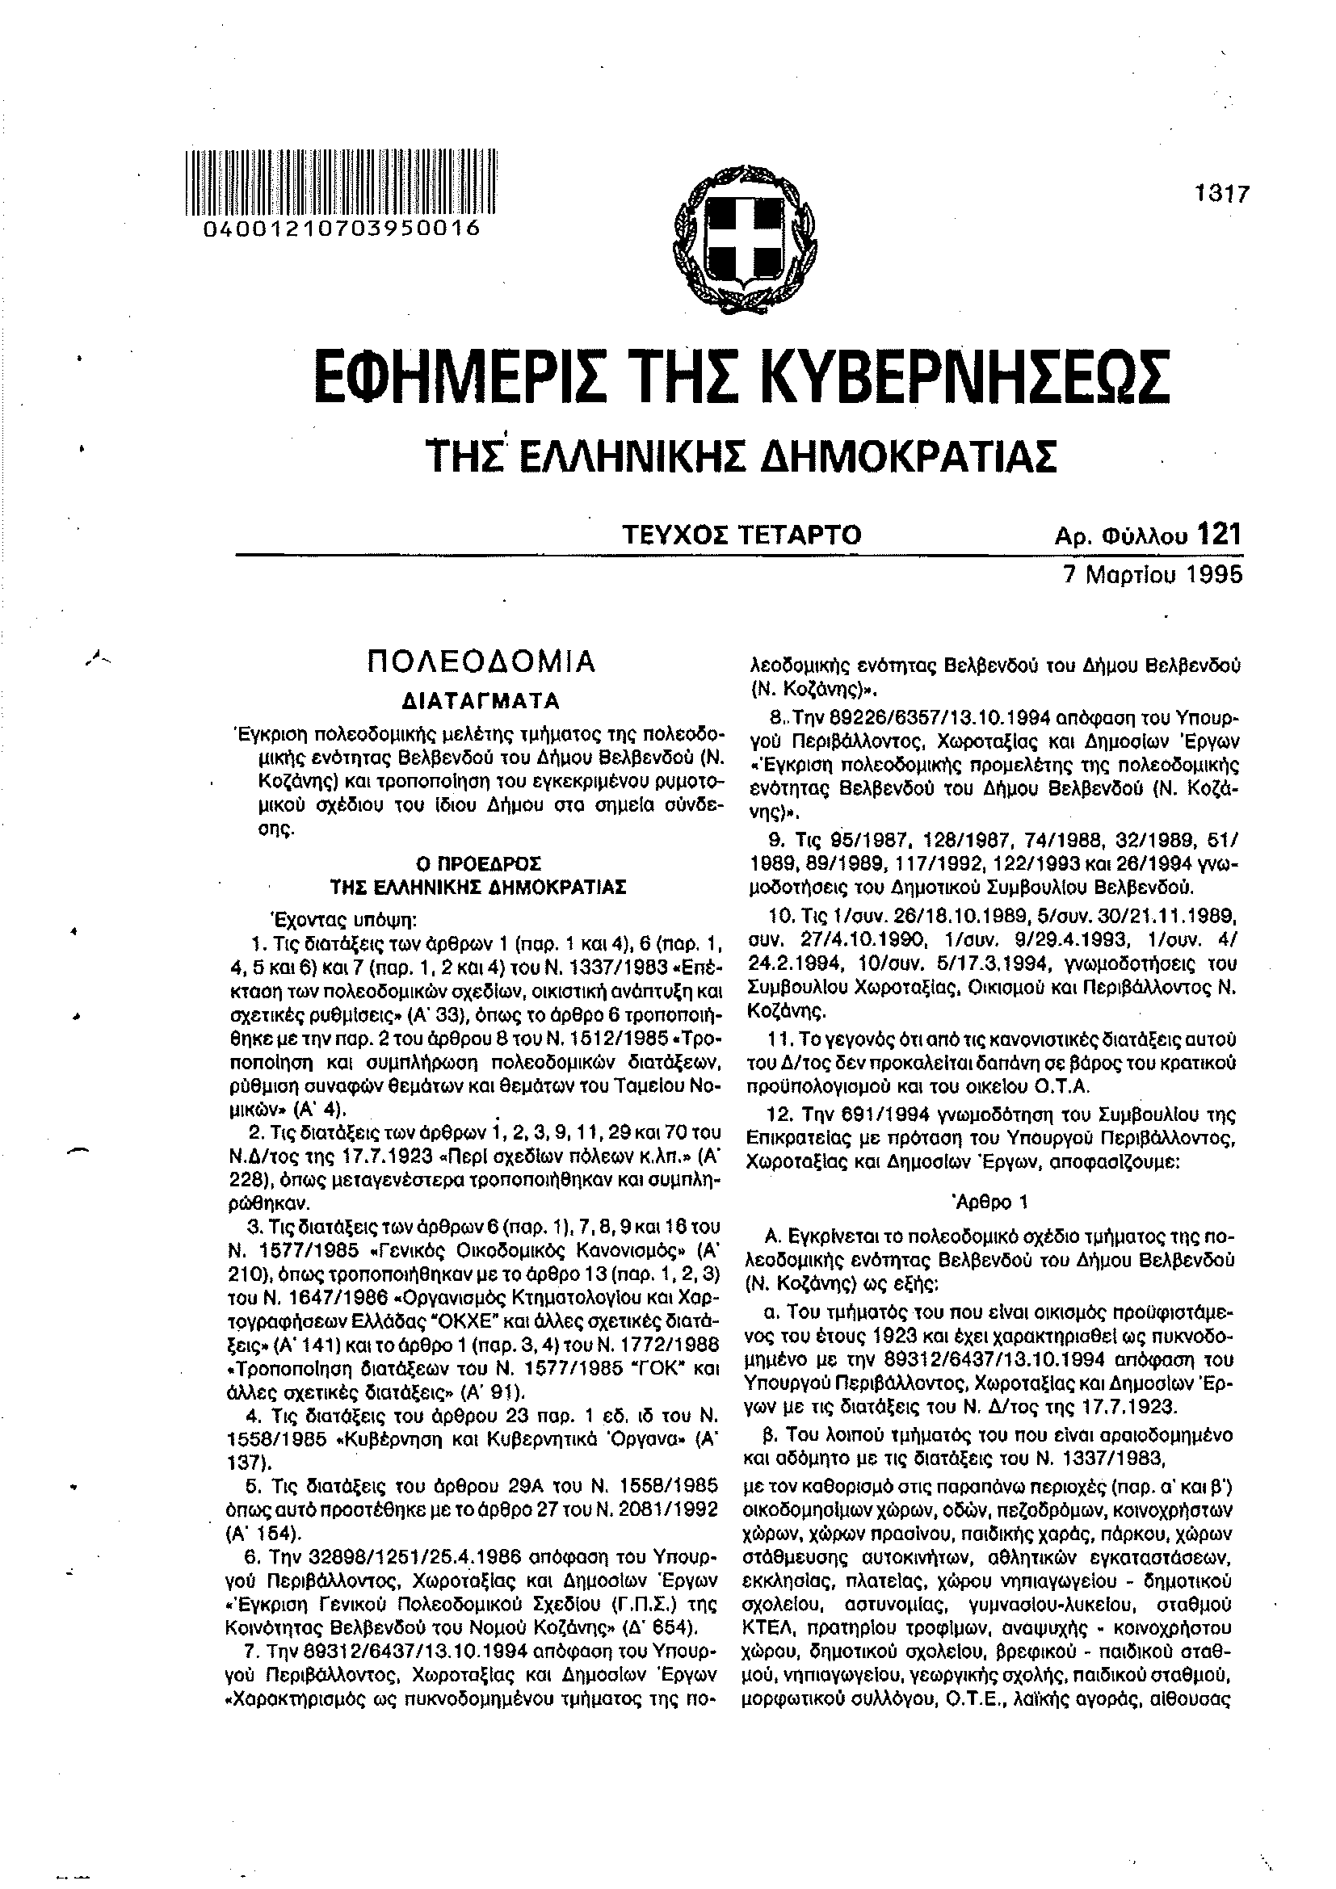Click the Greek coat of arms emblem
coord(746,237)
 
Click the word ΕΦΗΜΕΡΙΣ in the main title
coord(454,378)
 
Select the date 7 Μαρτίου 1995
coord(1151,573)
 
